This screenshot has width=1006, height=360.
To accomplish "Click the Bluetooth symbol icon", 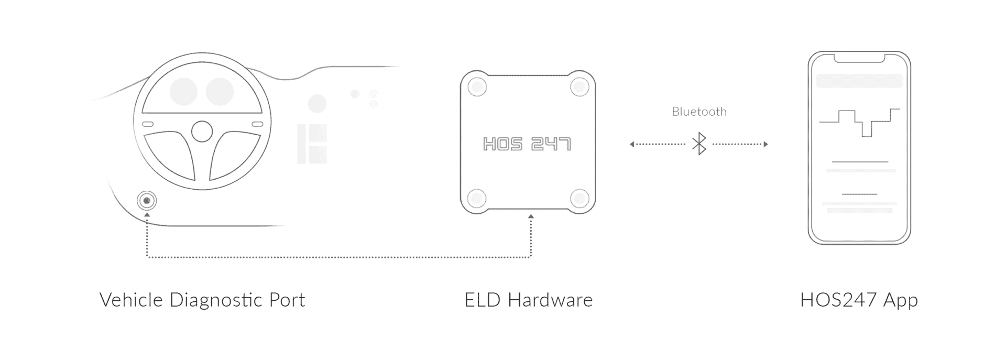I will [699, 144].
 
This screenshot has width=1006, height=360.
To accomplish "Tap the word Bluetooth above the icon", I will [699, 112].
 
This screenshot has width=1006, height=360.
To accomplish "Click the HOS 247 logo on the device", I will [527, 144].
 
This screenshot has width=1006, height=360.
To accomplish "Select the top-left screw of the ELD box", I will [477, 86].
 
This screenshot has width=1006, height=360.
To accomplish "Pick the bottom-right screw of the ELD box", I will [579, 198].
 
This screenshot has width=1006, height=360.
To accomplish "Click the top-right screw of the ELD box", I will [579, 86].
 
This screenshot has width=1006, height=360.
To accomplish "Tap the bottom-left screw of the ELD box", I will [477, 198].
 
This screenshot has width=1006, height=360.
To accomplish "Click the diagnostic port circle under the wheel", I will [147, 201].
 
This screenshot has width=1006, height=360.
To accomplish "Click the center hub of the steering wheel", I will [202, 132].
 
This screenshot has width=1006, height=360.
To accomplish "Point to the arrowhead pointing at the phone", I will [766, 144].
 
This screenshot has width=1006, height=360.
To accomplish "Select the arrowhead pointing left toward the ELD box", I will [632, 144].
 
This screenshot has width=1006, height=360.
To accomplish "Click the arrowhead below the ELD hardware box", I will [531, 216].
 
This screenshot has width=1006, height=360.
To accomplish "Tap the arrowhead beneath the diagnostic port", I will [147, 215].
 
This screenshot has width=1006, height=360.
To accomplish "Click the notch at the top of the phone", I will [859, 58].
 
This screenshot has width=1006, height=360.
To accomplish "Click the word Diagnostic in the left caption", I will [215, 300].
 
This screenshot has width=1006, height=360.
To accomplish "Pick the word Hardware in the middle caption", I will [550, 300].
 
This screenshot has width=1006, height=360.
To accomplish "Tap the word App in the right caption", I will [900, 300].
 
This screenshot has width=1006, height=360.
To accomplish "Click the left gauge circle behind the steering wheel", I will [184, 91].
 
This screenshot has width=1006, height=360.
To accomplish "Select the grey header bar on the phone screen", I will [859, 81].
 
